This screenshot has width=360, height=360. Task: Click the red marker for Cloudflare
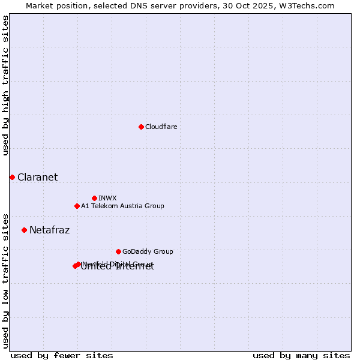click(x=141, y=127)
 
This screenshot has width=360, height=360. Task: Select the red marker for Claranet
click(x=12, y=177)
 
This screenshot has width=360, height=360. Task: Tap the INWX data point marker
click(x=94, y=198)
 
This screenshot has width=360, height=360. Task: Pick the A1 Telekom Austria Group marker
click(x=77, y=206)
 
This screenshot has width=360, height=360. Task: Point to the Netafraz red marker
click(x=24, y=230)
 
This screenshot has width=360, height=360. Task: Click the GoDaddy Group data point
click(x=118, y=251)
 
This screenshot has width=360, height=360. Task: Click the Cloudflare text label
click(x=161, y=127)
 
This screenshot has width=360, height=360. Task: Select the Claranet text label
click(x=37, y=177)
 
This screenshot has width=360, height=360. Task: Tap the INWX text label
click(x=107, y=198)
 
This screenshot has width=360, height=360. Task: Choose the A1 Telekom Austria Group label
click(x=122, y=206)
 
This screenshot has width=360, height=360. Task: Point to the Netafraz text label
click(x=49, y=230)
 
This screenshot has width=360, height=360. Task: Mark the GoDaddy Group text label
click(x=148, y=251)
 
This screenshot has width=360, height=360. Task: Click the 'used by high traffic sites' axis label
click(x=5, y=85)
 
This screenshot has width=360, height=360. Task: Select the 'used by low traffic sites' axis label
click(x=5, y=280)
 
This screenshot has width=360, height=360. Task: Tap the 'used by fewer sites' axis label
click(x=62, y=355)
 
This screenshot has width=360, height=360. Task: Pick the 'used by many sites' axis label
click(x=301, y=355)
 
